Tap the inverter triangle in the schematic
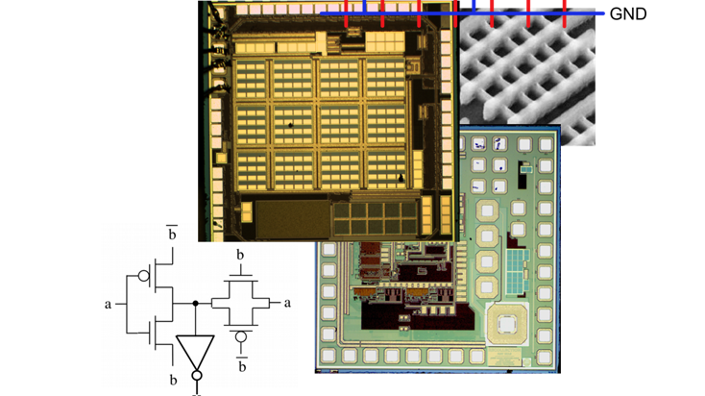195,352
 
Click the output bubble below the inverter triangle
195,376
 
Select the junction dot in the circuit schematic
195,304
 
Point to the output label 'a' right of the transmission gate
286,303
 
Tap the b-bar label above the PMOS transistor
173,234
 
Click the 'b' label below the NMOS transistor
173,380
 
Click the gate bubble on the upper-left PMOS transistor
142,276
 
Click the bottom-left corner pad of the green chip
328,357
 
